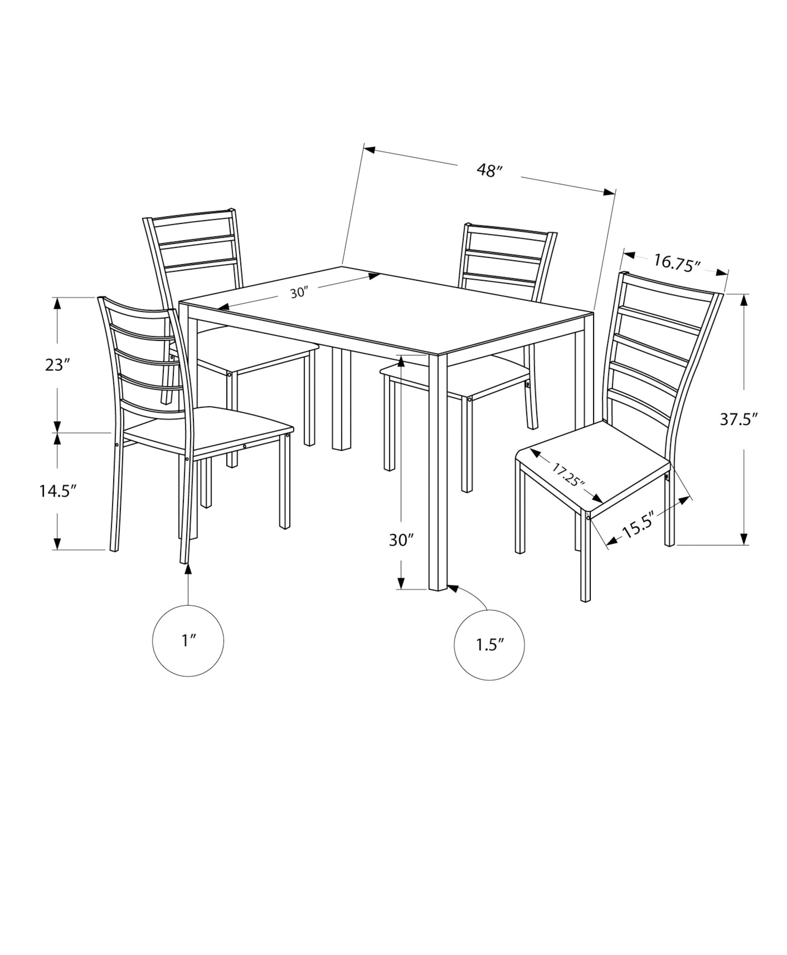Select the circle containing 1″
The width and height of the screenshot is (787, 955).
coord(188,640)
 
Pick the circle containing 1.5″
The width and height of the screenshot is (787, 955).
coord(489,645)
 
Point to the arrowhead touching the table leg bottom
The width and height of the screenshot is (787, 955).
coord(452,588)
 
